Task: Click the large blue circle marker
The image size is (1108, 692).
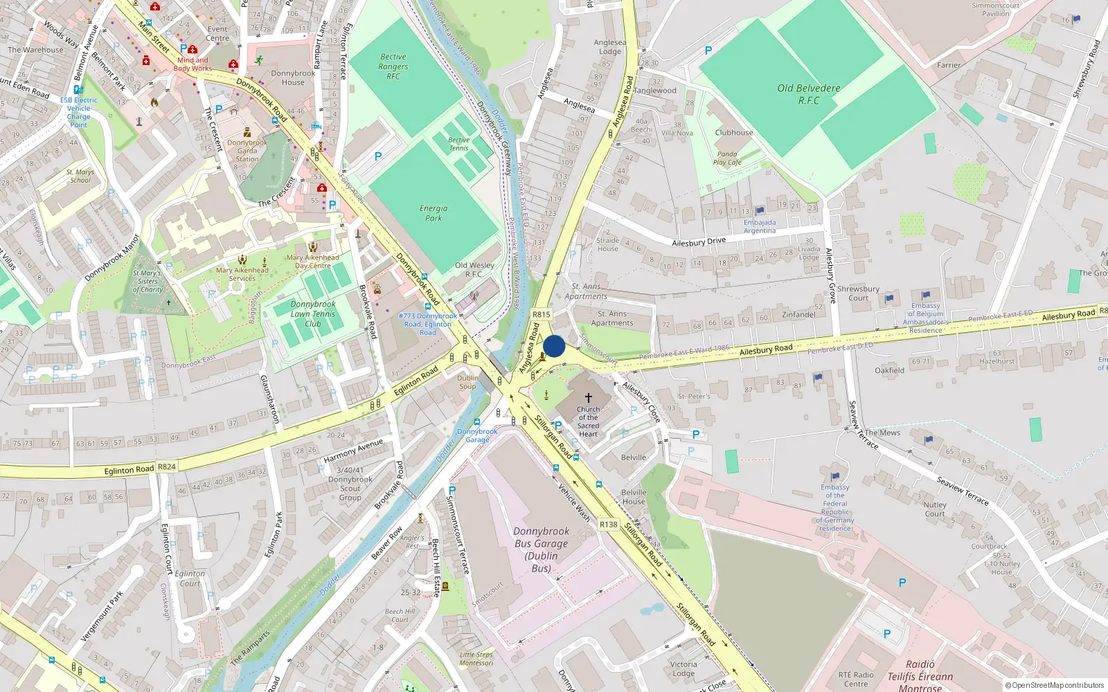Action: (554, 347)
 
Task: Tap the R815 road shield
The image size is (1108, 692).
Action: (542, 314)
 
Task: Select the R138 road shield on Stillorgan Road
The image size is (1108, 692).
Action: (609, 525)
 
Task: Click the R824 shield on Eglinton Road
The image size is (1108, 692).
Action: (167, 466)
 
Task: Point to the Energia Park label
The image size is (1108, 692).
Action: (434, 213)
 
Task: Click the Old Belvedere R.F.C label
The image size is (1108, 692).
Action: (808, 94)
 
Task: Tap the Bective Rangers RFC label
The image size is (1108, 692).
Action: (393, 66)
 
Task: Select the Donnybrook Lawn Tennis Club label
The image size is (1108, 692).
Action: (313, 313)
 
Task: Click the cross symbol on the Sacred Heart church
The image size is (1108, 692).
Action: (589, 398)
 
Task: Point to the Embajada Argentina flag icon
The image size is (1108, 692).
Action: (760, 210)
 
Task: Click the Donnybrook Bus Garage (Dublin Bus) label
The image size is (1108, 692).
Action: (542, 549)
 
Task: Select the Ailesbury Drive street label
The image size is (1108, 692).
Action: (699, 242)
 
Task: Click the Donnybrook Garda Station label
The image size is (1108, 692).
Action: (247, 151)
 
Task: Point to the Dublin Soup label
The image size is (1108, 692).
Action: (467, 382)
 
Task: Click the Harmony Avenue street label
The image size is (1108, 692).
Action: (353, 450)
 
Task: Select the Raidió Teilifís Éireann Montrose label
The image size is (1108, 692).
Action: (920, 675)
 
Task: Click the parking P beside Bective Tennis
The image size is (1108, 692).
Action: (378, 156)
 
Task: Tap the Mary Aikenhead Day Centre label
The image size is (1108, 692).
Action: (313, 261)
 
